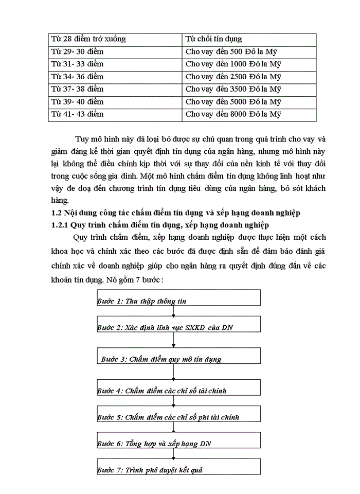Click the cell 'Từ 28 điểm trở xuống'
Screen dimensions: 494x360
click(115, 39)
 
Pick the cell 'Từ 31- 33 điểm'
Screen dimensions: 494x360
click(115, 64)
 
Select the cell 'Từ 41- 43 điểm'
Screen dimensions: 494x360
click(115, 114)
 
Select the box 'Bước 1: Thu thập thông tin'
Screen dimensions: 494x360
click(178, 298)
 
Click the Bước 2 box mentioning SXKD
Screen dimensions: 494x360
click(178, 324)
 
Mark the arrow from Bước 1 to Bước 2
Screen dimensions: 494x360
click(174, 311)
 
